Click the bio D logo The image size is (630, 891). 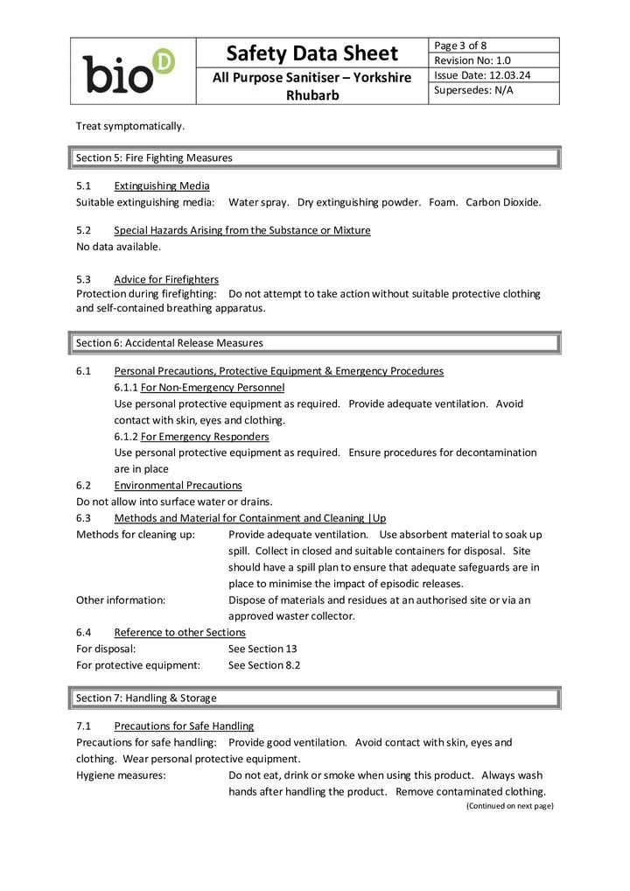tap(129, 72)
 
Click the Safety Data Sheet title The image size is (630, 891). tap(311, 53)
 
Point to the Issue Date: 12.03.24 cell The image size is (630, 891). tap(482, 74)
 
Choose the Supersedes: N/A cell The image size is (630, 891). tap(473, 90)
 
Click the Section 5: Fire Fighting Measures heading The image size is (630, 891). tap(154, 158)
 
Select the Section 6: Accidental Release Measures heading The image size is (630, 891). tap(169, 342)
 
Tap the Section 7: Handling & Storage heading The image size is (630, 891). tap(146, 698)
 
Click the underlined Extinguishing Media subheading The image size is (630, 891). tap(161, 186)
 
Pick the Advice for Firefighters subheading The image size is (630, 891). tap(166, 279)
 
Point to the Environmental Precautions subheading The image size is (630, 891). tap(178, 485)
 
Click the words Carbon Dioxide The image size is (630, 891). tap(503, 202)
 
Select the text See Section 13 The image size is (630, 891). tap(256, 649)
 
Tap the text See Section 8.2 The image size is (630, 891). tap(263, 665)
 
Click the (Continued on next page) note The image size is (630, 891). tap(509, 805)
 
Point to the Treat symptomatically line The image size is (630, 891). tap(130, 126)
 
